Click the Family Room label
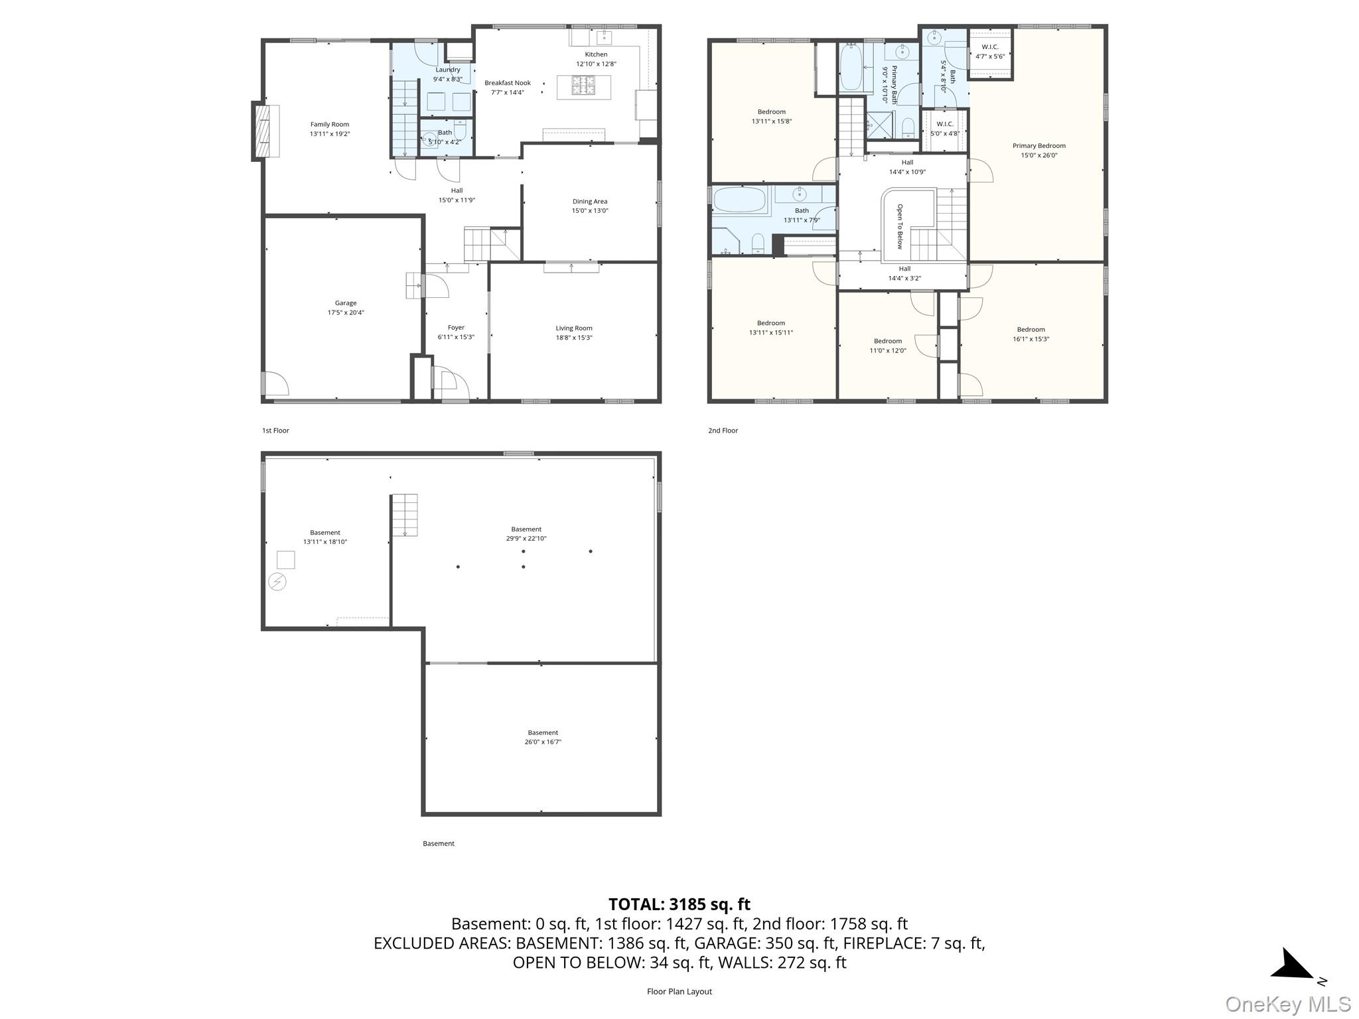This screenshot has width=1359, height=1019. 330,124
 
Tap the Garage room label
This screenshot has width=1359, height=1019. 346,303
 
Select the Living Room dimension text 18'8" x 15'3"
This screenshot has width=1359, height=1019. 574,338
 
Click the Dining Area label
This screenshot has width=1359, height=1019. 590,201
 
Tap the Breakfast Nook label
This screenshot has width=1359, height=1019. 508,83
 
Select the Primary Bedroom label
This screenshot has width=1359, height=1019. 1039,146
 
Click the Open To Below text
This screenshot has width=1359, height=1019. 900,226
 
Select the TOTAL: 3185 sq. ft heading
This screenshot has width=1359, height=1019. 679,904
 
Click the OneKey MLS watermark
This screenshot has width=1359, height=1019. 1288,1004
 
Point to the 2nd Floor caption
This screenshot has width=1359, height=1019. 723,431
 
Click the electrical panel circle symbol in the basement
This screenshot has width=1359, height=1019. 277,582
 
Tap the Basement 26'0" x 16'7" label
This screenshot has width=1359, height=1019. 543,737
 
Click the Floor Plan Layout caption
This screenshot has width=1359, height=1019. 679,992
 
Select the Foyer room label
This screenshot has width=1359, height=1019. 456,328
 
